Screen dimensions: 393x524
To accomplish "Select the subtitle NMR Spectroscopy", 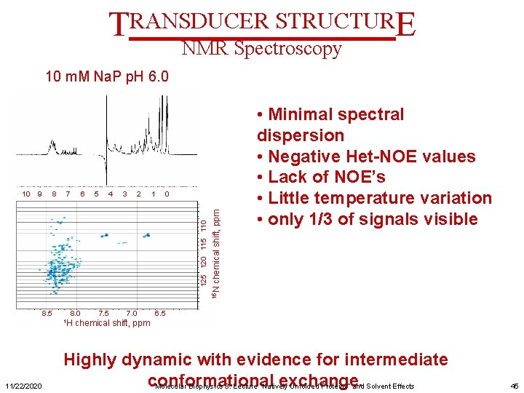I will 261,49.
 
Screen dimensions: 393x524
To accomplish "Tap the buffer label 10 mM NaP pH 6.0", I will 107,76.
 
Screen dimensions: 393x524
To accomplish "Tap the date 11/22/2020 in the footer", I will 23,386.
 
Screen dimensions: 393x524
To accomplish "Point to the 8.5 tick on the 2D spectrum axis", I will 46,313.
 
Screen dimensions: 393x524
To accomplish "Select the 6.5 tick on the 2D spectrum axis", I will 160,313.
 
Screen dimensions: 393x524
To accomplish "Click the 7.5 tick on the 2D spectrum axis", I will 103,313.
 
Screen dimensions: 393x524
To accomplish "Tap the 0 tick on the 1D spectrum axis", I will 167,194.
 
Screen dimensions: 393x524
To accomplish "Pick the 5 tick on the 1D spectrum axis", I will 96,194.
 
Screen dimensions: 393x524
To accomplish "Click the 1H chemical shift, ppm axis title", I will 106,323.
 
